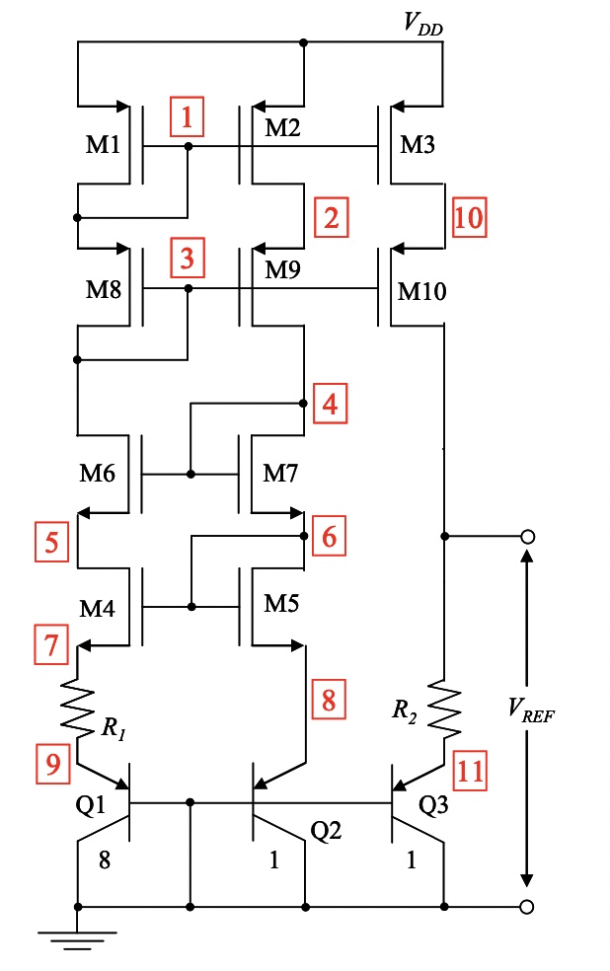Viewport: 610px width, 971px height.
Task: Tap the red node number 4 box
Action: tap(332, 404)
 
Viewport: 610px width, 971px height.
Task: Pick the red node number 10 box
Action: tap(469, 216)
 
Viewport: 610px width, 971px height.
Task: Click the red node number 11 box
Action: tap(471, 769)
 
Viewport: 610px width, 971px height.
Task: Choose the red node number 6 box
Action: tap(330, 538)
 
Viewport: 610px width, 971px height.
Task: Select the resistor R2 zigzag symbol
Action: tap(444, 705)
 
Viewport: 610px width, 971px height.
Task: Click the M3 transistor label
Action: tap(417, 145)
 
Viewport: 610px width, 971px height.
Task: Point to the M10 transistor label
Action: tap(422, 292)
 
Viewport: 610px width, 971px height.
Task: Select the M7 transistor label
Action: tap(280, 473)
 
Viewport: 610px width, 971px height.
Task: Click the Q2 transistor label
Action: tap(325, 832)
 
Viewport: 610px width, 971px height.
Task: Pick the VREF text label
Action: tap(531, 710)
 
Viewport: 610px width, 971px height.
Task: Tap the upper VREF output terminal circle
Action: tap(528, 537)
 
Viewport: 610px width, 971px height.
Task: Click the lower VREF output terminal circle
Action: tap(528, 906)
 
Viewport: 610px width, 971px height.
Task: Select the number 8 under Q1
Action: tap(104, 859)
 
